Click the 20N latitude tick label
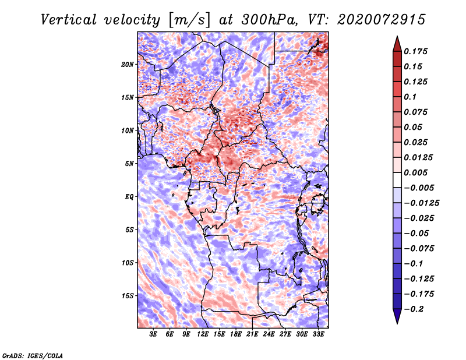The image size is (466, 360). click(128, 64)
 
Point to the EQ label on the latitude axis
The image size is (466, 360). click(129, 196)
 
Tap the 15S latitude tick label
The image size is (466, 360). click(128, 295)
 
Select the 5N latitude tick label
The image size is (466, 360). click(129, 163)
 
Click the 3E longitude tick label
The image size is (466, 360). click(154, 335)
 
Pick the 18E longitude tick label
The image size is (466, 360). click(235, 335)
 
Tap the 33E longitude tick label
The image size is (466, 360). click(318, 335)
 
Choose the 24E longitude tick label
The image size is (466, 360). click(269, 335)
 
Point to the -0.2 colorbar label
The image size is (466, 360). click(415, 309)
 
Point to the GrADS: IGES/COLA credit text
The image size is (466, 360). click(33, 355)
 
